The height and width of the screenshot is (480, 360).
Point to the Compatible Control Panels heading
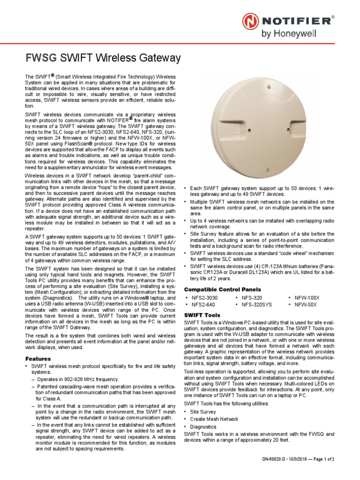tap(222, 289)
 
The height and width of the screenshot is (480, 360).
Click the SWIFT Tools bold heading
tap(202, 315)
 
